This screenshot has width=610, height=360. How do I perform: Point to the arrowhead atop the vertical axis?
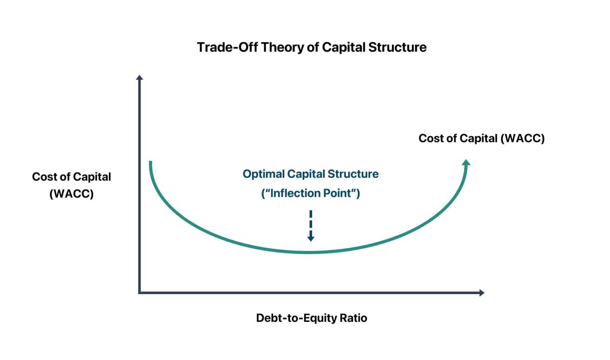[139, 77]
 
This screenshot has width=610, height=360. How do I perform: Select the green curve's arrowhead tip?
[467, 162]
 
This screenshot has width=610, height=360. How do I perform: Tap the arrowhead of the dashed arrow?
[311, 238]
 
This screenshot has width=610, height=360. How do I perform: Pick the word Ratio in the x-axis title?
[354, 318]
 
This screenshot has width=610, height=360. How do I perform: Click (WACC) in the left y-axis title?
[71, 194]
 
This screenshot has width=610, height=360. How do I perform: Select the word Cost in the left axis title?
[44, 177]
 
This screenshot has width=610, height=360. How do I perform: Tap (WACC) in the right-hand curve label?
[523, 139]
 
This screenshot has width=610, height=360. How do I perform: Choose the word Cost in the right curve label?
[431, 139]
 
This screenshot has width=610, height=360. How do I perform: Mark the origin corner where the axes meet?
[139, 293]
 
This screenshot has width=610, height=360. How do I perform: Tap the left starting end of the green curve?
[151, 162]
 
